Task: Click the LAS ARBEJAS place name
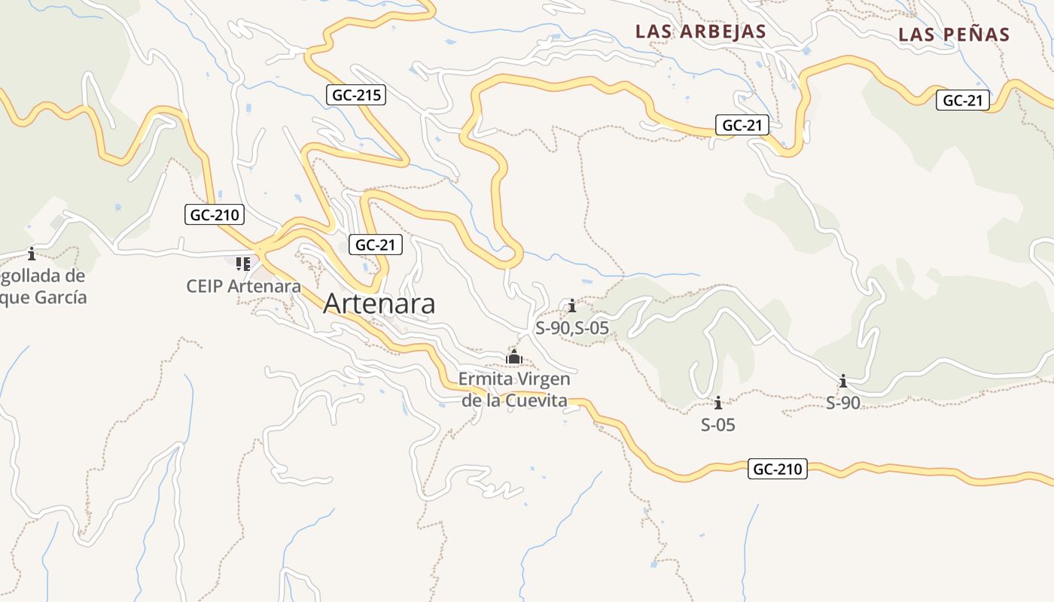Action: (x=700, y=32)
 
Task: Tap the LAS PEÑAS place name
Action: (x=954, y=35)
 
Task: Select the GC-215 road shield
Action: (x=356, y=95)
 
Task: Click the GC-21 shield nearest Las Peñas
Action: (x=963, y=100)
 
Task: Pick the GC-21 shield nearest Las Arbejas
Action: (x=742, y=126)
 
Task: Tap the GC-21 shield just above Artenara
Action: (x=376, y=245)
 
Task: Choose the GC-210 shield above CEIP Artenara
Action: (x=215, y=214)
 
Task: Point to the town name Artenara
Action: (x=379, y=303)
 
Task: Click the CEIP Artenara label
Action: (x=244, y=286)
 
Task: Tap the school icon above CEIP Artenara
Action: (x=243, y=263)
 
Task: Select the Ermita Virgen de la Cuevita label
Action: (x=514, y=389)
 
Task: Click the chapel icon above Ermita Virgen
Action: (x=514, y=357)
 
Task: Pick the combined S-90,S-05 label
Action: (x=572, y=328)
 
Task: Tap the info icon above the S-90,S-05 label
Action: (x=572, y=306)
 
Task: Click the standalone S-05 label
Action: (x=718, y=425)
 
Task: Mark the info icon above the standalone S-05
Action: (x=718, y=403)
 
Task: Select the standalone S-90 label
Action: (x=843, y=403)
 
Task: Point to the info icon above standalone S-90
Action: (x=843, y=381)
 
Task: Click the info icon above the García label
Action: (x=32, y=254)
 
